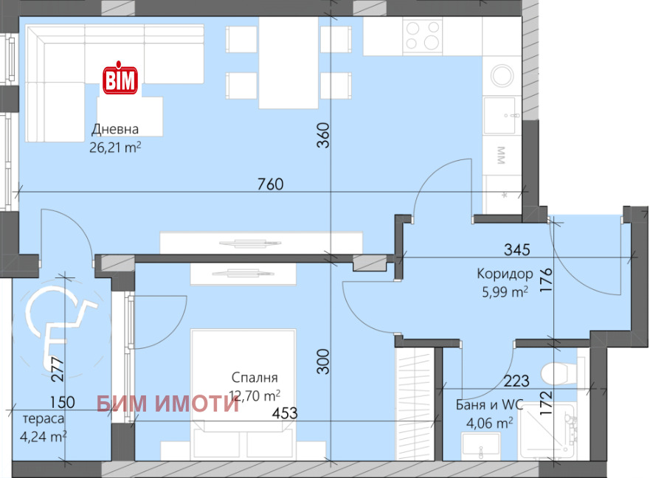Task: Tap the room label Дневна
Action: [x=115, y=129]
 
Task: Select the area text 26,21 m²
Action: [x=115, y=146]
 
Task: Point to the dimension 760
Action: [x=271, y=184]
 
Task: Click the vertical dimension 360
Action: [x=322, y=136]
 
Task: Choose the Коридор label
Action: [x=505, y=274]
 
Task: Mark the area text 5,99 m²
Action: [x=505, y=291]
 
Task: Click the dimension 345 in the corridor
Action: [x=517, y=249]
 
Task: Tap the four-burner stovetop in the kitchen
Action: [x=423, y=35]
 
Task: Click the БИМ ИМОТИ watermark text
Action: [x=168, y=402]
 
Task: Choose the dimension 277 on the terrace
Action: [x=57, y=369]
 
